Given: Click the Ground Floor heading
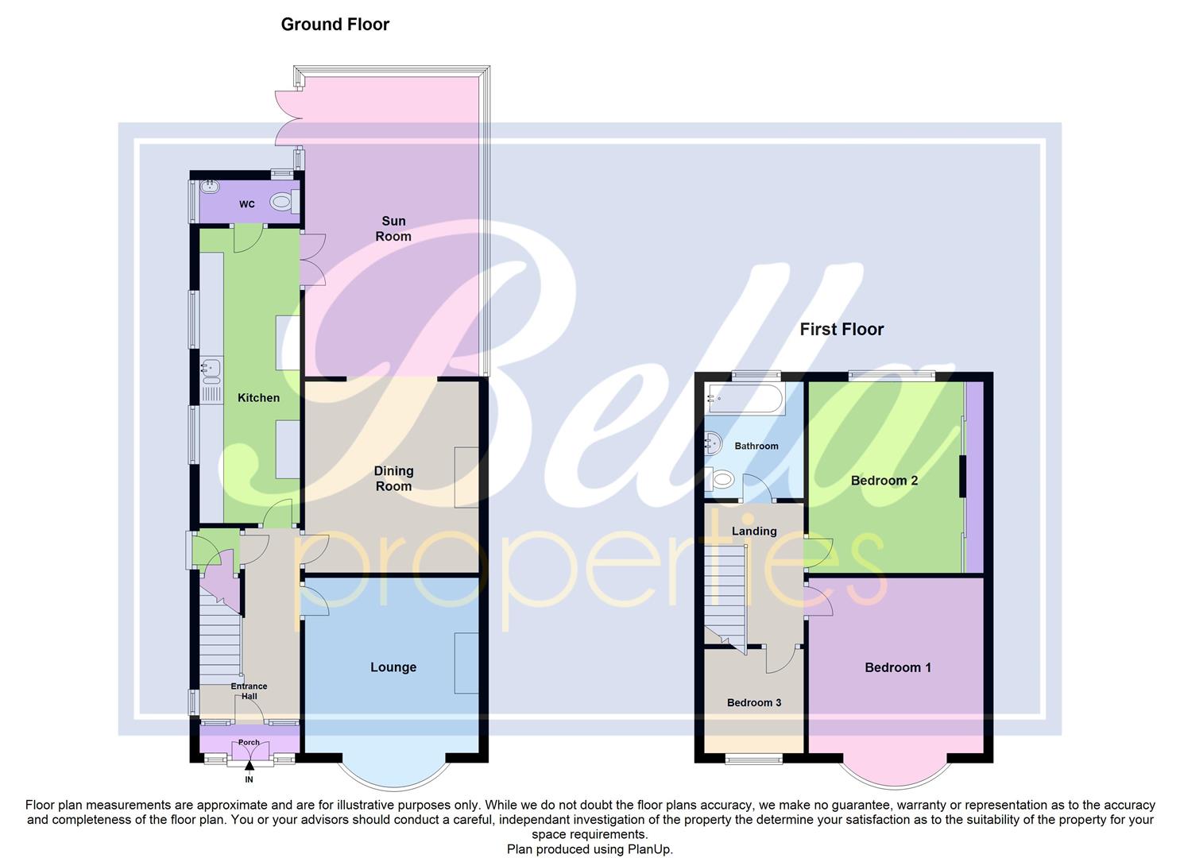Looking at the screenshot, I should (x=335, y=25).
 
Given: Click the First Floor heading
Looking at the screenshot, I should (x=841, y=330).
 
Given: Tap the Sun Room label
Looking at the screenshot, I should (x=393, y=229).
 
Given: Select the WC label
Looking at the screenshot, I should (x=247, y=205).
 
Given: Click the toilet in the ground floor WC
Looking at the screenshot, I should (x=281, y=203).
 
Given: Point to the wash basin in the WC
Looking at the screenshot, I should (x=209, y=187).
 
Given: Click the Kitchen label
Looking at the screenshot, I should (x=258, y=398).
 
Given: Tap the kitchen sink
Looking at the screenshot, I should (x=211, y=368).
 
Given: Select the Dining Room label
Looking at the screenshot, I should (x=393, y=478).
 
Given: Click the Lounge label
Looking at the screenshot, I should (x=393, y=667).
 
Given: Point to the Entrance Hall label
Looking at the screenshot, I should (x=249, y=691).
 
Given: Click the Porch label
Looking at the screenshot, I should (x=249, y=743).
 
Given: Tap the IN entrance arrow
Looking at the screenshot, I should (x=250, y=767).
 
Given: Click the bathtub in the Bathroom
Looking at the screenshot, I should (x=743, y=397).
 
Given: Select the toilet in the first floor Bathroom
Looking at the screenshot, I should (x=722, y=479).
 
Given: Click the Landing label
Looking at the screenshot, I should (x=754, y=531).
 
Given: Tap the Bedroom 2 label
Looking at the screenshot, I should (x=884, y=481).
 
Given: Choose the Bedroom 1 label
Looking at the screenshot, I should (x=898, y=667).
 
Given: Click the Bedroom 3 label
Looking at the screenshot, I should (x=754, y=702).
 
